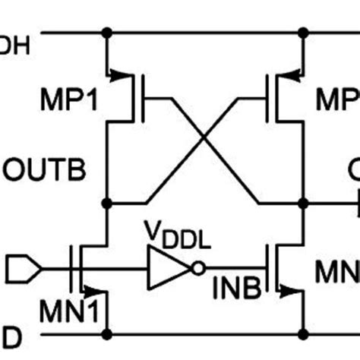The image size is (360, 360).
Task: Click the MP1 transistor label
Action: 67,100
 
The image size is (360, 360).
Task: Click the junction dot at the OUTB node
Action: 108,203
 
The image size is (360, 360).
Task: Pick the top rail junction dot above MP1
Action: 108,33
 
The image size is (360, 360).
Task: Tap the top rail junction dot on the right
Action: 304,33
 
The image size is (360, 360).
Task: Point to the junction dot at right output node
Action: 304,203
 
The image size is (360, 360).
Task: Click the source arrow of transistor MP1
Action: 118,74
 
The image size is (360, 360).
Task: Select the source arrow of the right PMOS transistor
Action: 293,74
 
